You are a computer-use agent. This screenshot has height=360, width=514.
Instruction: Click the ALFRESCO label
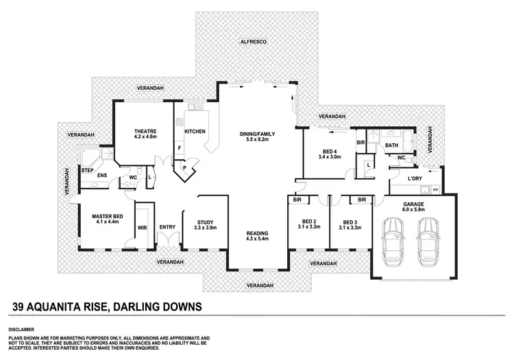(253, 43)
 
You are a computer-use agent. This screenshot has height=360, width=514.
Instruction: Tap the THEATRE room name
(145, 131)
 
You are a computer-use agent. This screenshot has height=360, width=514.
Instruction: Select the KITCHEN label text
(195, 132)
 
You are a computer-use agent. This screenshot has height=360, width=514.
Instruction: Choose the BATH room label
(391, 145)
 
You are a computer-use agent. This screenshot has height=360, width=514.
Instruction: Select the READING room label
(258, 234)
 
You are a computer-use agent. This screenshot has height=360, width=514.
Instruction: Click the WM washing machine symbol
(435, 189)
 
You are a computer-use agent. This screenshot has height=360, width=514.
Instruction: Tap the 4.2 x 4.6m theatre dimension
(145, 137)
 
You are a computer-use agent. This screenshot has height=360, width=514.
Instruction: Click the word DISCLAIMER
(22, 330)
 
